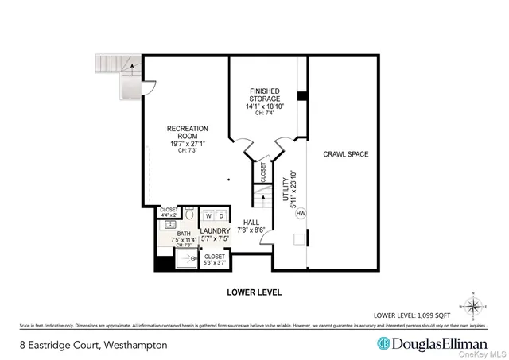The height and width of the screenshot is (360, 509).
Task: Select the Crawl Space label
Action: tap(346, 154)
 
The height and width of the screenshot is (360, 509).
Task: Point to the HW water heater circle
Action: tap(301, 213)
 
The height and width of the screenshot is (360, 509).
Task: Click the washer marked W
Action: tap(208, 215)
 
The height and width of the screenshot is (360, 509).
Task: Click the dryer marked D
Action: tap(220, 215)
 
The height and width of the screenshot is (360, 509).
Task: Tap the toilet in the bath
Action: tap(190, 215)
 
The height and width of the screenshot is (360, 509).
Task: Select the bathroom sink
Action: tap(169, 226)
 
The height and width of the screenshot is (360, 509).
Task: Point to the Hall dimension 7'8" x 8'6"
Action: tap(251, 230)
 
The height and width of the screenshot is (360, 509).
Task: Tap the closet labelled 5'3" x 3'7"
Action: tap(215, 259)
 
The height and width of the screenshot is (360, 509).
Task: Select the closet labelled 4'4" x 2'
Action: tap(169, 212)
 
